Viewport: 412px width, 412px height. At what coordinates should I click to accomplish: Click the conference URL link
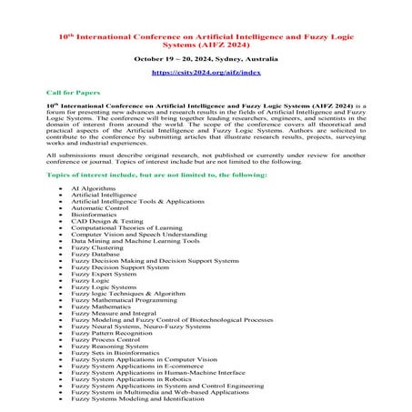coord(206,70)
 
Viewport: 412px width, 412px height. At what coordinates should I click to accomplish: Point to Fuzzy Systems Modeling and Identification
coord(137,397)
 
